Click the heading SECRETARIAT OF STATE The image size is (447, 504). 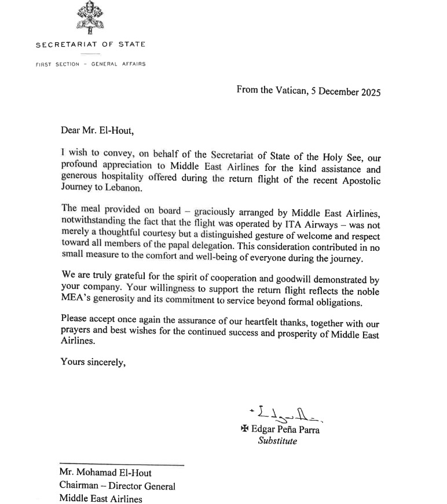click(x=90, y=45)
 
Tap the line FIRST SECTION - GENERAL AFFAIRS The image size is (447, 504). click(x=90, y=64)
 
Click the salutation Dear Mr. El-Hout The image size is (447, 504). click(x=97, y=130)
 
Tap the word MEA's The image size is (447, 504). click(x=79, y=302)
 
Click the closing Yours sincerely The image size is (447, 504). click(x=93, y=363)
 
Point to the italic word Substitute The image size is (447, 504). click(x=277, y=441)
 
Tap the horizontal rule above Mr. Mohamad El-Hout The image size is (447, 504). click(x=122, y=465)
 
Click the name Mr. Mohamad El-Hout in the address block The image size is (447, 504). click(x=106, y=473)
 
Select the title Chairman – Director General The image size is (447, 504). click(x=118, y=486)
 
